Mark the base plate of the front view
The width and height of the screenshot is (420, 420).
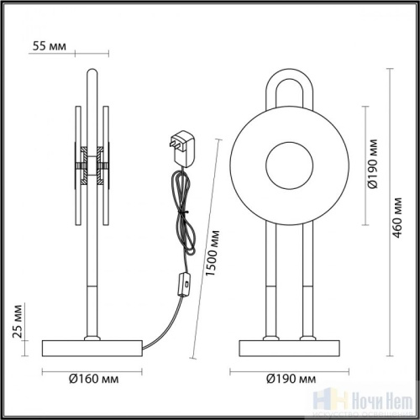[289, 347]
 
